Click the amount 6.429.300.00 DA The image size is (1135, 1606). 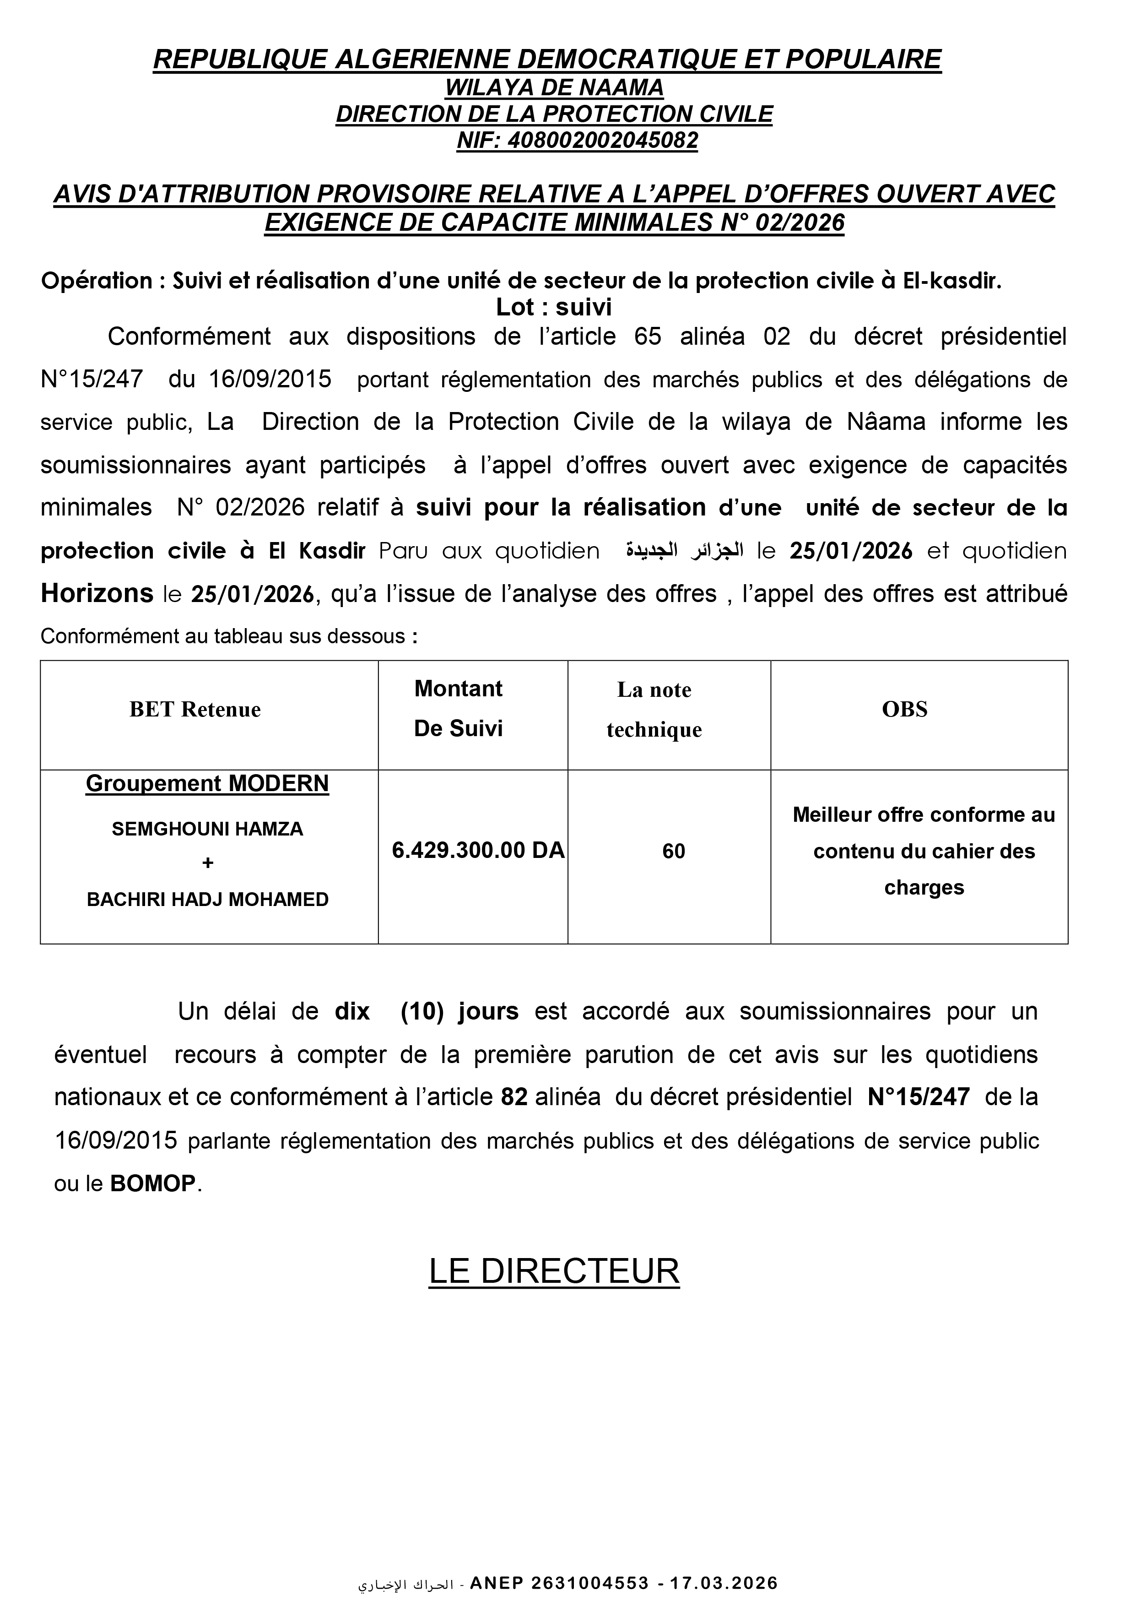[478, 850]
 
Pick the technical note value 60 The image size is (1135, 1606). [673, 851]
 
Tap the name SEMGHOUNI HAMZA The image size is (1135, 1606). [207, 829]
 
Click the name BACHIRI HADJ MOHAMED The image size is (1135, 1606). [207, 900]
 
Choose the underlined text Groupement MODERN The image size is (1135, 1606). [207, 783]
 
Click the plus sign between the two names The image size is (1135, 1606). [207, 863]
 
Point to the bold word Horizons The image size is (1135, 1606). [97, 593]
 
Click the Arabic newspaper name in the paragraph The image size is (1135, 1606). [683, 551]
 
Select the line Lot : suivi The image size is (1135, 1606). [553, 307]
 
